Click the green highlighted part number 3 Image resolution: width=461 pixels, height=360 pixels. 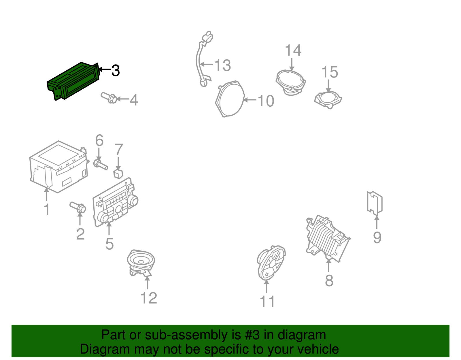[73, 81]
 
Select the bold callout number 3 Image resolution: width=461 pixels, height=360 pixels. [116, 70]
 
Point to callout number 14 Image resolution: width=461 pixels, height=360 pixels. [293, 50]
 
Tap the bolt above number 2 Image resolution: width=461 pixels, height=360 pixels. [78, 207]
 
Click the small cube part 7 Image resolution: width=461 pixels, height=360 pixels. [118, 174]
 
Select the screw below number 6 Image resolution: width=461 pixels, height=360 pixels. [100, 165]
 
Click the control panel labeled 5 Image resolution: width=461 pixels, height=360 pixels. [115, 203]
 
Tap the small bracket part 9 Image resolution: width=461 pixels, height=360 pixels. [375, 203]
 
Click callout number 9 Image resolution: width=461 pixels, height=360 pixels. [377, 238]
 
